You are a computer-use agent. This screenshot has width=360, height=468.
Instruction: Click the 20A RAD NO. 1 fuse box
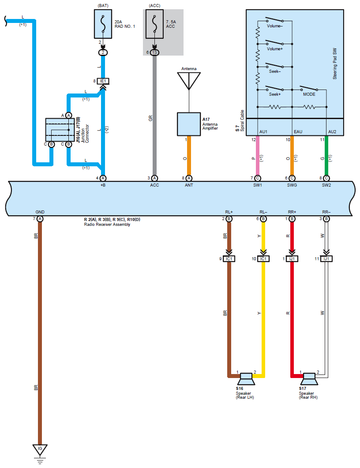tap(103, 24)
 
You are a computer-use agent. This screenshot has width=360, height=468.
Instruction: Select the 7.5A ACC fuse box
tap(154, 24)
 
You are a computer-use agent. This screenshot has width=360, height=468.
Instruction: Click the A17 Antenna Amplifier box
tap(189, 124)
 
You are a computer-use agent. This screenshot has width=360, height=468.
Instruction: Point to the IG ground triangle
tap(40, 449)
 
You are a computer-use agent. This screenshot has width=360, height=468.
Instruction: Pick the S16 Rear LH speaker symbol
tap(246, 379)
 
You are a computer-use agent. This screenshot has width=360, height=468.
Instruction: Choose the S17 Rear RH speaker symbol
tap(309, 379)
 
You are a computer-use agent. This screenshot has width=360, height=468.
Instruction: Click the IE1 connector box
tap(103, 81)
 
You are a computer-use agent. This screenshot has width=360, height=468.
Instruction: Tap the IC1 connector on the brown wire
tap(229, 259)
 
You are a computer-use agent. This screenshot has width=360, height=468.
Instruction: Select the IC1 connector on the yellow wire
tap(263, 259)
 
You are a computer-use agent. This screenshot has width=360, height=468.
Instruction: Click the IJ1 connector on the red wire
tap(292, 259)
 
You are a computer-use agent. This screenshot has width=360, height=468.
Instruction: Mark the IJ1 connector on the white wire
tap(326, 259)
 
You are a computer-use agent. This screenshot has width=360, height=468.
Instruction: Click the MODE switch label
tap(309, 94)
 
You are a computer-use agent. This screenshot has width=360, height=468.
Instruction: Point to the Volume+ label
tap(274, 49)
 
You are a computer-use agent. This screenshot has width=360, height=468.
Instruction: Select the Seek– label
tap(274, 71)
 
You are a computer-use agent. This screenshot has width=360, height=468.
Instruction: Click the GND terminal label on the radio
tap(40, 212)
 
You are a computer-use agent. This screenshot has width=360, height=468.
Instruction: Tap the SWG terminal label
tap(292, 185)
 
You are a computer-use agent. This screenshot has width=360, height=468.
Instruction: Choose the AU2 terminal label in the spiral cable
tap(332, 131)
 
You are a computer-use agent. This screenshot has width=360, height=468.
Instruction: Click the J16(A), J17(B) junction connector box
tap(60, 130)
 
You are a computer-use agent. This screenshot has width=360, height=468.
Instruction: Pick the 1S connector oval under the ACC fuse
tap(154, 52)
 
